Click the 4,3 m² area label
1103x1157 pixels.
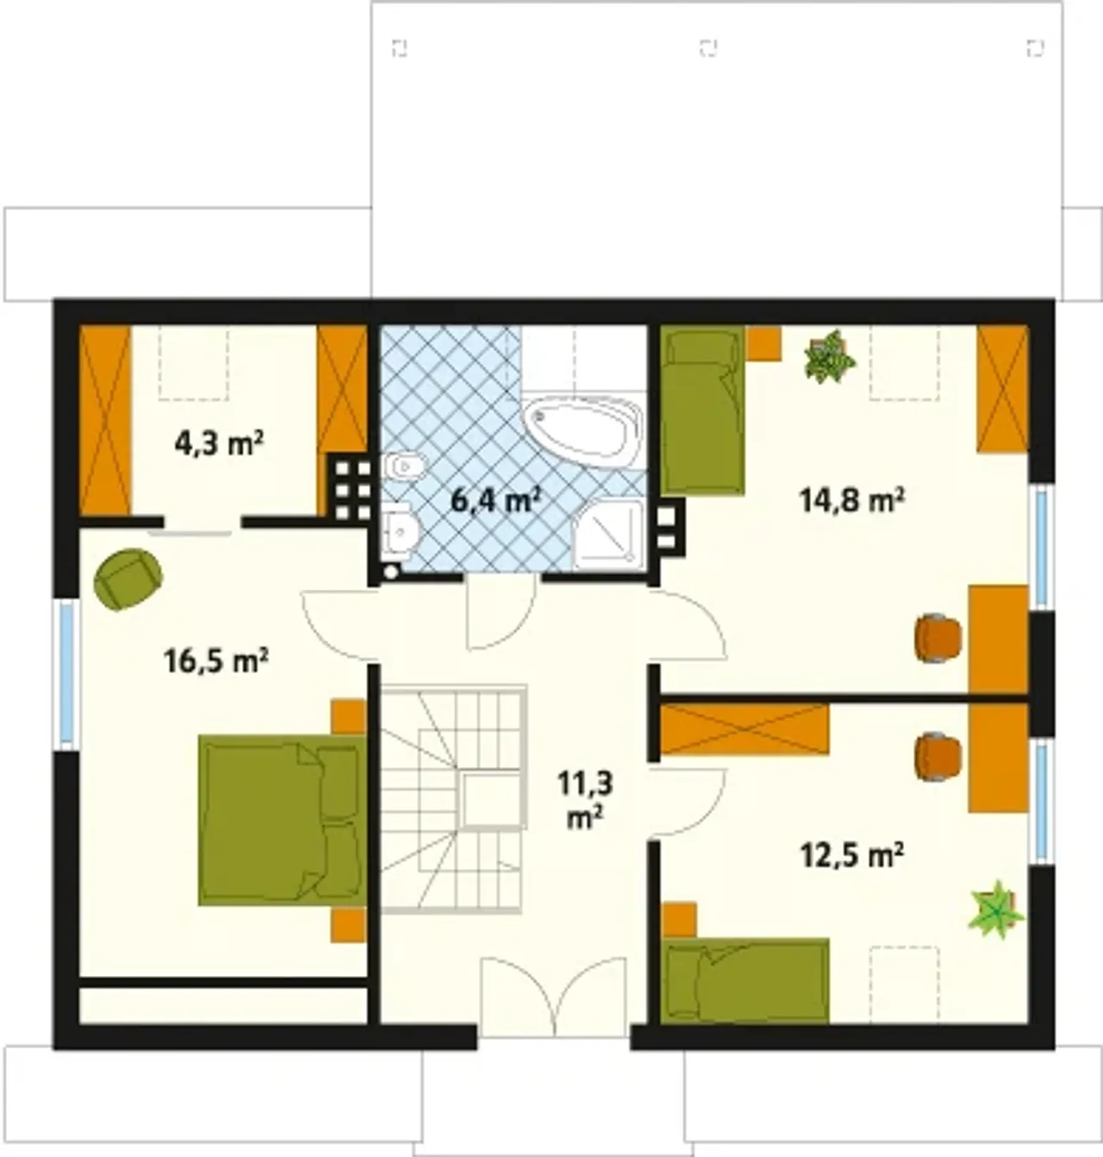219,444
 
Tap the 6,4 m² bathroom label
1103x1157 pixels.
495,501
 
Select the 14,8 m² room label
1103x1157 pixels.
851,501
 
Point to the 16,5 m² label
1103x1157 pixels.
216,661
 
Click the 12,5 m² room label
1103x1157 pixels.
851,856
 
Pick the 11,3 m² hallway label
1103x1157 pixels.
585,800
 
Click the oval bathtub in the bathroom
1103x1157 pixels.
583,431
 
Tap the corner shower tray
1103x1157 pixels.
608,535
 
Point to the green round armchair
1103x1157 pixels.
128,579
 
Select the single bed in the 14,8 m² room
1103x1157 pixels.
702,410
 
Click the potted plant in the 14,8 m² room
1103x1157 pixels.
830,357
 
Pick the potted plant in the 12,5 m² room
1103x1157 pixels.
996,910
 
